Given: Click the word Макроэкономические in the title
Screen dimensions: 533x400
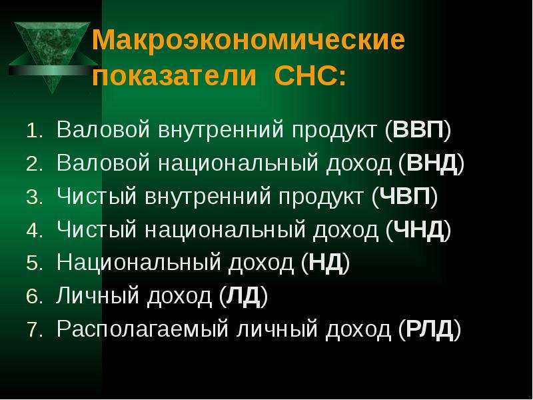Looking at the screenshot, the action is click(x=249, y=40).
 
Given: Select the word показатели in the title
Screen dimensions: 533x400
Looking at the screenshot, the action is click(x=174, y=75).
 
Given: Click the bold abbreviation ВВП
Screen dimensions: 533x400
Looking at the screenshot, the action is click(x=418, y=129).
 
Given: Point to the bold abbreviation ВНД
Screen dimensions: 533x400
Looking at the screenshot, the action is click(x=432, y=163).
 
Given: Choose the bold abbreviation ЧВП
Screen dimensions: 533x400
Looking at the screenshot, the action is click(x=405, y=196).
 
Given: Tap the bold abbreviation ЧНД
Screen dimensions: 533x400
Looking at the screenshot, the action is click(x=418, y=229).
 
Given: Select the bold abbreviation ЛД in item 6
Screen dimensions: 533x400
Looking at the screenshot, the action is click(x=243, y=296).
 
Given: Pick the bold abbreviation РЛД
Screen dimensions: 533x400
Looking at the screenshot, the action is click(x=430, y=329).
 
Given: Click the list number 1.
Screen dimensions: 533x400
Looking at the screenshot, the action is click(x=35, y=131).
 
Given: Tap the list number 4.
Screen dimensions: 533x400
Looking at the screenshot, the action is click(x=35, y=231).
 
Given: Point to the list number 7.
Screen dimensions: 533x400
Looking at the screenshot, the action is click(x=35, y=331).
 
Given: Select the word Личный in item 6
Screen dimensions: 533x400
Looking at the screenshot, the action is click(x=97, y=295).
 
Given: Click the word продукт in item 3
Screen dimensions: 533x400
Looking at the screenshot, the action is click(x=320, y=197).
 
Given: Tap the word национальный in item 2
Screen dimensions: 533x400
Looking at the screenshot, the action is click(x=239, y=163).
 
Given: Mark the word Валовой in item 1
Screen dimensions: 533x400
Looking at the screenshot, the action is click(x=103, y=129).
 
